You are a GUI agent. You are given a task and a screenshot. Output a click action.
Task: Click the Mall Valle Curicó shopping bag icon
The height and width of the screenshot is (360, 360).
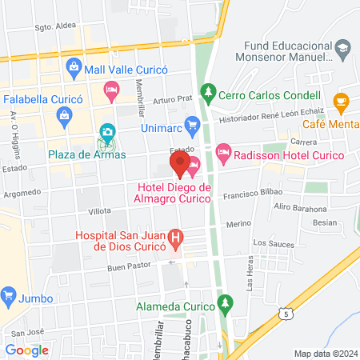(74, 66)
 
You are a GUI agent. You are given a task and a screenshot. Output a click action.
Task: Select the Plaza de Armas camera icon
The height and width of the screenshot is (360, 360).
(106, 131)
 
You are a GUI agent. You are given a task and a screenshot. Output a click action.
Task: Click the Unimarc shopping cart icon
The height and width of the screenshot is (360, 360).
(191, 124)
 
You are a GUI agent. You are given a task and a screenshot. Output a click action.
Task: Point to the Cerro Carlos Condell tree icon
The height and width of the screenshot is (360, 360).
(208, 92)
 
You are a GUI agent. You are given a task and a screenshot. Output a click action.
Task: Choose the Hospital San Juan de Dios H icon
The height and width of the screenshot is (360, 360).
(178, 238)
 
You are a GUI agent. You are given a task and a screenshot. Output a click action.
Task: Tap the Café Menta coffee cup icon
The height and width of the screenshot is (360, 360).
(342, 102)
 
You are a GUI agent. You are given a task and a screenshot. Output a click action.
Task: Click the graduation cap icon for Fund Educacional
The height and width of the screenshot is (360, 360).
(342, 48)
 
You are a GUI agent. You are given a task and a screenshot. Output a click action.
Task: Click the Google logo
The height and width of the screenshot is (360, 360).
(27, 350)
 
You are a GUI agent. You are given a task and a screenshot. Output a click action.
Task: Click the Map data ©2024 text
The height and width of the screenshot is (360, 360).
(325, 353)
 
